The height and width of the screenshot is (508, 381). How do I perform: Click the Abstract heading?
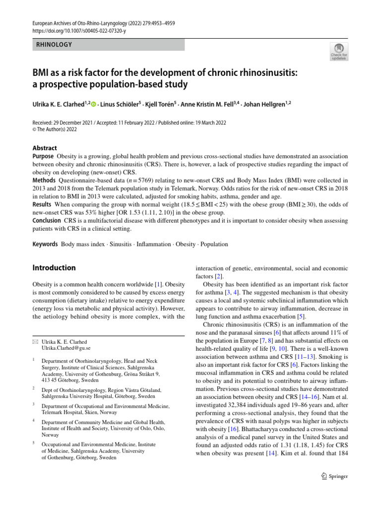point(45,148)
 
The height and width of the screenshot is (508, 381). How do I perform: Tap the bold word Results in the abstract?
point(42,204)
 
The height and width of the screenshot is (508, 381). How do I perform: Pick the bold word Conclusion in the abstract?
point(47,220)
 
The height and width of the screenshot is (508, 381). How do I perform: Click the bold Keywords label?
point(45,244)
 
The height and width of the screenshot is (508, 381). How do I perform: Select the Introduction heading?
point(54,268)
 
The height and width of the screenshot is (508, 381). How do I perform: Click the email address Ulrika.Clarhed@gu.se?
point(66,349)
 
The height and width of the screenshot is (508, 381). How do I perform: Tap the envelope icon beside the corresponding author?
point(35,342)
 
